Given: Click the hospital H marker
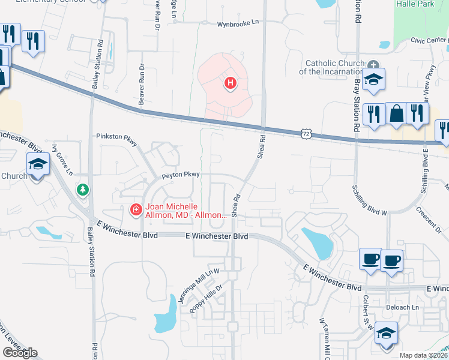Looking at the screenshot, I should click(229, 83).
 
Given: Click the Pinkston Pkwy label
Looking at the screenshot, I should click(116, 136).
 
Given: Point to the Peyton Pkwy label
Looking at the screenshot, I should click(180, 175).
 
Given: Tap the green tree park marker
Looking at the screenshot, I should click(82, 190).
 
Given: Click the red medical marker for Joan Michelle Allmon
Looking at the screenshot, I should click(136, 209).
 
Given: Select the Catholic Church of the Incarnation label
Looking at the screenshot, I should click(334, 67).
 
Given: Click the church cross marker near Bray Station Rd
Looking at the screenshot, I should click(373, 64).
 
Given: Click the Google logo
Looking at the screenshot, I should click(20, 353).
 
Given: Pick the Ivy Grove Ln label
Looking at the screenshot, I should click(62, 164).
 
